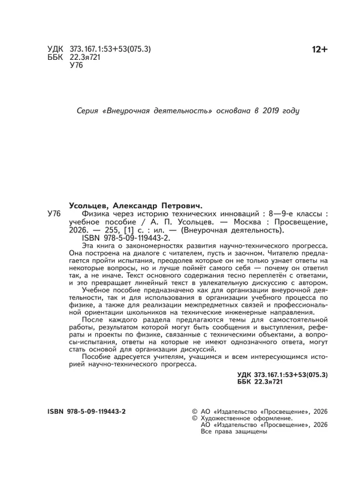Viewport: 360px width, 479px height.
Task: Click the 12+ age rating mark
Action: [320, 50]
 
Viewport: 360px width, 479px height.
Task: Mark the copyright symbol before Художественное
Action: [194, 419]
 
